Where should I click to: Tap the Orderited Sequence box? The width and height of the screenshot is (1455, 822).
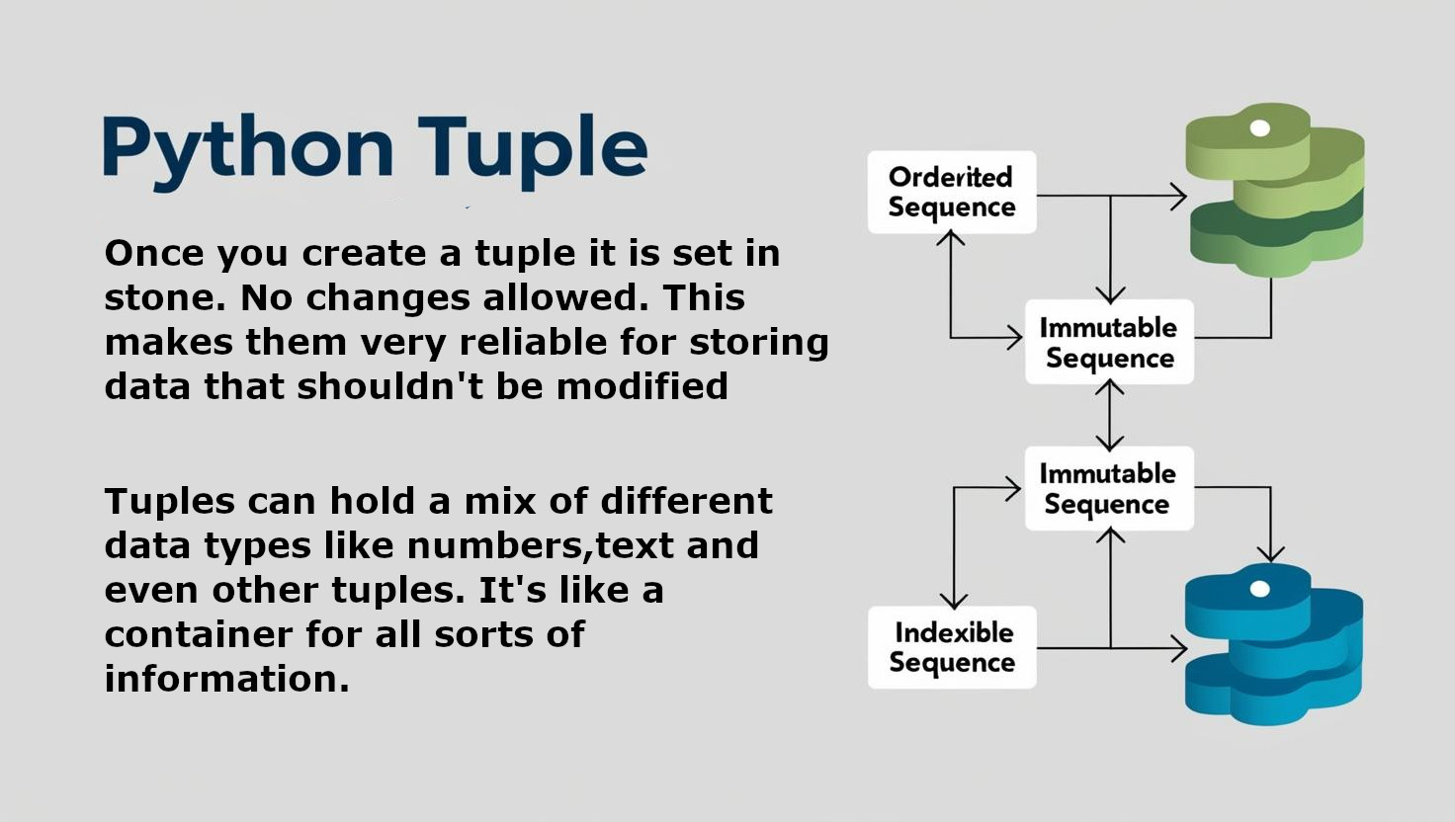[952, 193]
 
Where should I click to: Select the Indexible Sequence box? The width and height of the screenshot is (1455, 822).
[952, 647]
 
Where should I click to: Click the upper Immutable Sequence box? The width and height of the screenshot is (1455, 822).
[1109, 342]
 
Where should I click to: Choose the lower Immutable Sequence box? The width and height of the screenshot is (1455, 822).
[1109, 488]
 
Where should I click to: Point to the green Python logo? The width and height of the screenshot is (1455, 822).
[1275, 190]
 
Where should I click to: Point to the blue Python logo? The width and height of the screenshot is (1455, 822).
[1274, 644]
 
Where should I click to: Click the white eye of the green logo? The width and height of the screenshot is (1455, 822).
[1260, 127]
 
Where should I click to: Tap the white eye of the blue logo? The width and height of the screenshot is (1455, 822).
[1260, 589]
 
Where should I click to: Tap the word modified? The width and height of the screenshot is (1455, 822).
[642, 386]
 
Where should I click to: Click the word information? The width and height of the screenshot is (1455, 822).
[226, 679]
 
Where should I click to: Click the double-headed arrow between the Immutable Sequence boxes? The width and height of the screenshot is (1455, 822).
[1110, 416]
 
